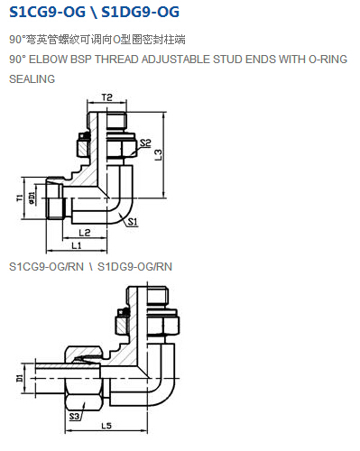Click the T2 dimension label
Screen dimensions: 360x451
coord(106,97)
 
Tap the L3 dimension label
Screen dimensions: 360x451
coord(158,155)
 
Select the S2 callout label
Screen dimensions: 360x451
coord(145,143)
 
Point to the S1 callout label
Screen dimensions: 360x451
coord(133,222)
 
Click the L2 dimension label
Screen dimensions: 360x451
coord(85,233)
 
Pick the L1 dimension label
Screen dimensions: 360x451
coord(77,245)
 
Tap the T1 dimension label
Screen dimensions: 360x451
coord(20,198)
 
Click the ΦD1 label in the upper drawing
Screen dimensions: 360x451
coord(32,198)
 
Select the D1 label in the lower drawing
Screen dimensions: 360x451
coord(20,378)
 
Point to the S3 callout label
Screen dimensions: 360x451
coord(74,417)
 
